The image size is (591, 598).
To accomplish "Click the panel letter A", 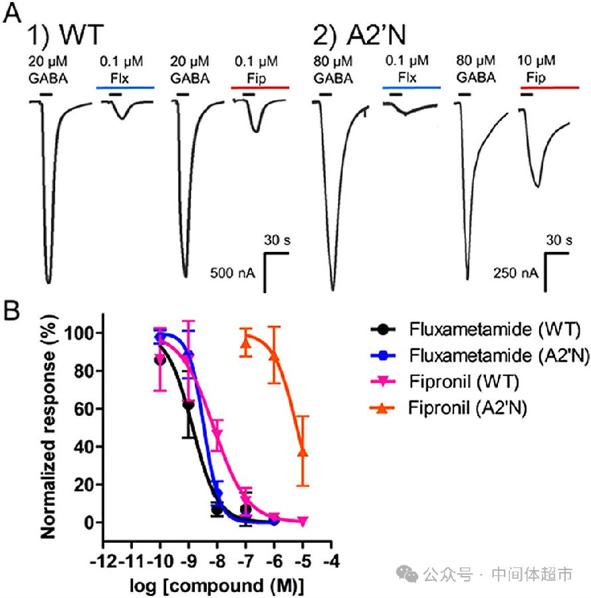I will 12,15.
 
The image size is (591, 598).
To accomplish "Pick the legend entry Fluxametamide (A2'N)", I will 499,355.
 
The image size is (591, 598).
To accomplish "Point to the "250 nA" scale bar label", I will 515,272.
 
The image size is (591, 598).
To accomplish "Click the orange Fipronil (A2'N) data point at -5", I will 302,452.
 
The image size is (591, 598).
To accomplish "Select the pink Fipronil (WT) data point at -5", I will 302,522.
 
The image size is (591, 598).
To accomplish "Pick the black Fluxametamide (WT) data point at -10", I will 160,359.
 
